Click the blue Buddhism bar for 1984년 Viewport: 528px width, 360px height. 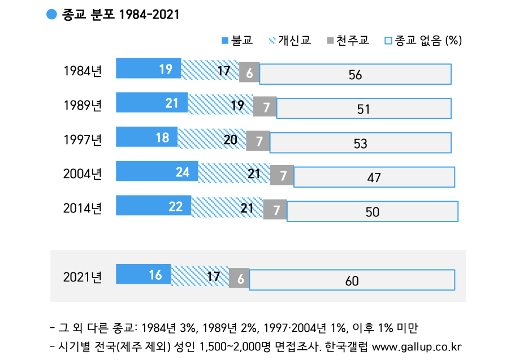pyautogui.click(x=148, y=68)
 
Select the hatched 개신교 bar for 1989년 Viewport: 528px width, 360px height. pyautogui.click(x=220, y=104)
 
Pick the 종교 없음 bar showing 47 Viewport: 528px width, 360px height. pyautogui.click(x=374, y=177)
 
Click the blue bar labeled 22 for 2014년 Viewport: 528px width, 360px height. pyautogui.click(x=153, y=206)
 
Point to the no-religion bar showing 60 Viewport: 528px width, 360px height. pyautogui.click(x=352, y=280)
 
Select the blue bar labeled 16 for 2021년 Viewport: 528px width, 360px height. pyautogui.click(x=143, y=275)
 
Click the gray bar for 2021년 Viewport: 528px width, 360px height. pyautogui.click(x=239, y=277)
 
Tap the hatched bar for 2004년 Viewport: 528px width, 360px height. pyautogui.click(x=234, y=173)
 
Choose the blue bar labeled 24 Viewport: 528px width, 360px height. pyautogui.click(x=157, y=171)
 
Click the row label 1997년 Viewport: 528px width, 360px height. pyautogui.click(x=82, y=140)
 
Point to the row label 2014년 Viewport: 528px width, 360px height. pyautogui.click(x=82, y=208)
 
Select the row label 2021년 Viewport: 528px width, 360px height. pyautogui.click(x=82, y=277)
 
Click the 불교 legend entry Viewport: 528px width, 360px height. pyautogui.click(x=237, y=40)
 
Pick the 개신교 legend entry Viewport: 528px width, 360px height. pyautogui.click(x=291, y=40)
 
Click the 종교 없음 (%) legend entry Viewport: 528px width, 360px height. pyautogui.click(x=424, y=40)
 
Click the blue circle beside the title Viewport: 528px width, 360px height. pyautogui.click(x=51, y=15)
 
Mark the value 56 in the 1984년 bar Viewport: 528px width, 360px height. pyautogui.click(x=355, y=75)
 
